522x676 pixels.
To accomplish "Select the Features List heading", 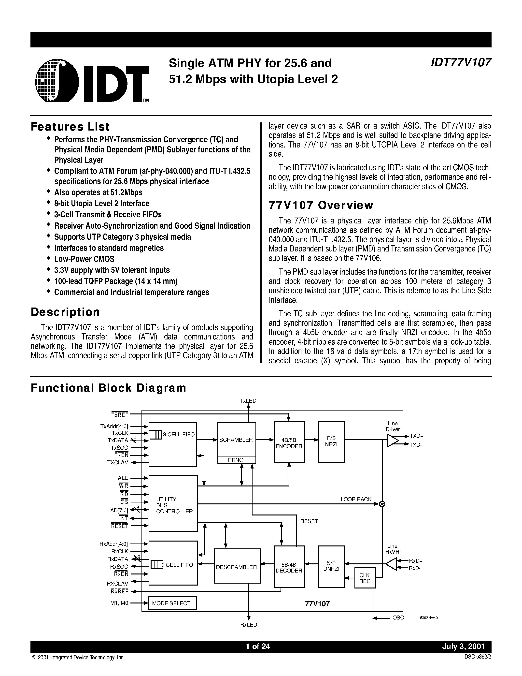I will (x=70, y=127).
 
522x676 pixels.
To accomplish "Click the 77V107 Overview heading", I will (x=321, y=205).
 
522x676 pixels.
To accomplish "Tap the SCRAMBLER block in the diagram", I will (x=236, y=440).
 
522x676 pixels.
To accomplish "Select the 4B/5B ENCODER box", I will (x=289, y=443).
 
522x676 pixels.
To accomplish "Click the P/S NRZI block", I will (x=331, y=441).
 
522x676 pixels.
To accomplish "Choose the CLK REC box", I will (x=365, y=578).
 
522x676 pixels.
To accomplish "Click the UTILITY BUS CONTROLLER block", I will (x=173, y=505).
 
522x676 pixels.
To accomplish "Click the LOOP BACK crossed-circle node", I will (x=382, y=504).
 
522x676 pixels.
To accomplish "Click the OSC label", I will (x=398, y=618).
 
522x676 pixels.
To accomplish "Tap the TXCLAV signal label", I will (x=117, y=463).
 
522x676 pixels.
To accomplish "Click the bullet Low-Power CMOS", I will (x=84, y=259).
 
